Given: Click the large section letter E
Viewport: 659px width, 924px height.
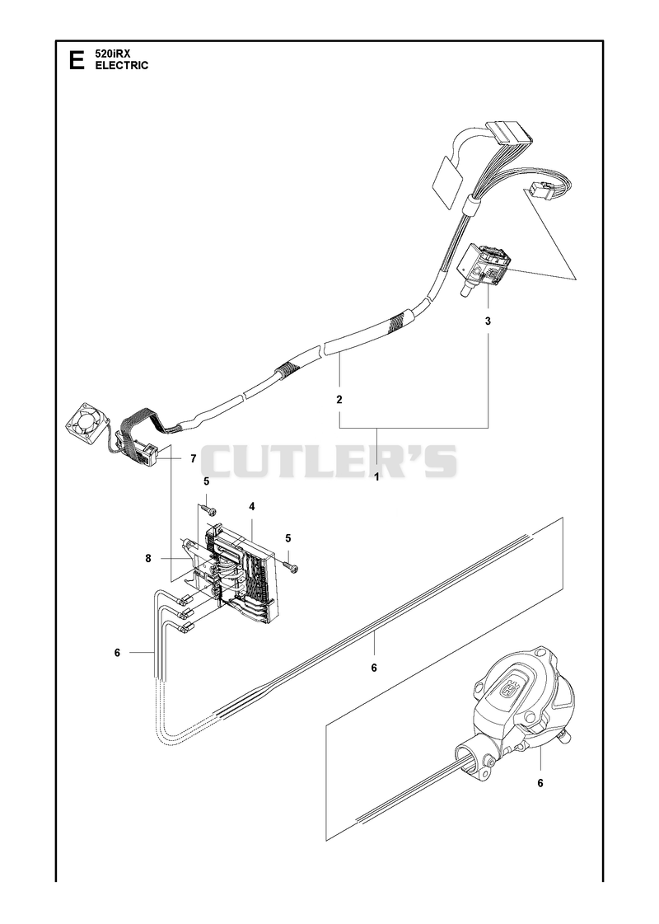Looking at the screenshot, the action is point(77,60).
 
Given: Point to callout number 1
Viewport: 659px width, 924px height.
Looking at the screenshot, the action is point(377,477).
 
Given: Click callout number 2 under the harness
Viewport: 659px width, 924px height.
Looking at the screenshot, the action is point(339,400).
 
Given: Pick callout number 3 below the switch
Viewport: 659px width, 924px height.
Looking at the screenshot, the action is point(488,321).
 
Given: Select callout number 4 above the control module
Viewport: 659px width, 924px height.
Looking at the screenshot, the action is point(251,506).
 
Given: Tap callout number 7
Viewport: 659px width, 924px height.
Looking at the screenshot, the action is point(193,458).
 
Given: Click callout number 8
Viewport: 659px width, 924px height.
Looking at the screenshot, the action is point(148,558).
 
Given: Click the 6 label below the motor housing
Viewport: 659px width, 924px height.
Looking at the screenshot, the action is point(540,783).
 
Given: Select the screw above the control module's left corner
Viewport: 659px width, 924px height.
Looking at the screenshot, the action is point(208,509).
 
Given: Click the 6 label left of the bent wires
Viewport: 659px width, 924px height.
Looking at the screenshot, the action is point(117,652).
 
